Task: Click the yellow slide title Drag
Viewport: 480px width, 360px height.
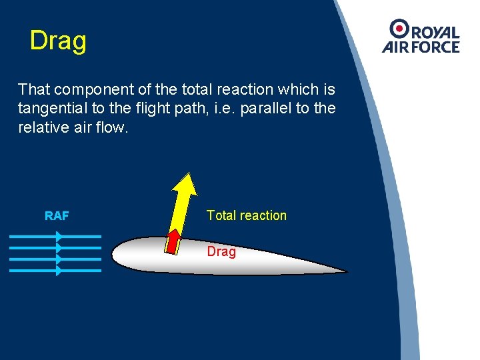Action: coord(58,41)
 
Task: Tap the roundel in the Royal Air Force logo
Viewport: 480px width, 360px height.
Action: coord(400,28)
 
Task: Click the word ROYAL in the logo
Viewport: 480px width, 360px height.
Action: coord(435,33)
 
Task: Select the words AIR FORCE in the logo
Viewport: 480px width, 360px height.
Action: coord(421,47)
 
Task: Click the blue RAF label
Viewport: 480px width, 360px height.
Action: coord(57,216)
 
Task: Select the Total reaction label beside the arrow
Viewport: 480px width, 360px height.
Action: coord(246,215)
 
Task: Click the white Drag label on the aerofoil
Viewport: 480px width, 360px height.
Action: coord(221,252)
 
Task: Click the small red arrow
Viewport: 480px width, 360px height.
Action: coord(173,241)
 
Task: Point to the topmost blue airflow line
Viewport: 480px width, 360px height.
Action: coord(55,236)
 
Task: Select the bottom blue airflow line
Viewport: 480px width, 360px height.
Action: coord(55,271)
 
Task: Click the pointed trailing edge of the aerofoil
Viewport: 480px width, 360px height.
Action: coord(345,271)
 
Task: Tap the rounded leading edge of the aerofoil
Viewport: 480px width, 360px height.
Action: coord(114,254)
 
